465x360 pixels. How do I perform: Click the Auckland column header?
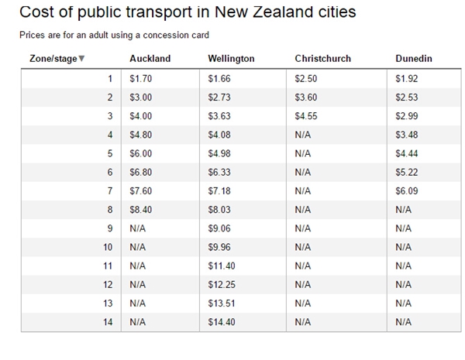click(x=150, y=59)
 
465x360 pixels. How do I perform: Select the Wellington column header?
click(x=231, y=59)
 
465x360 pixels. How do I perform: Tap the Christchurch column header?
click(x=322, y=59)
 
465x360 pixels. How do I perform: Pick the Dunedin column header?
click(x=412, y=59)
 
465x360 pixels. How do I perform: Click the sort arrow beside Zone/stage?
click(x=82, y=59)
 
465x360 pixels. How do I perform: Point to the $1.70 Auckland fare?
click(x=140, y=79)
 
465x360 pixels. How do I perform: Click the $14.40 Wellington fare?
click(x=222, y=321)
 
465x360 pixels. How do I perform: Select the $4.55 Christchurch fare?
click(x=308, y=116)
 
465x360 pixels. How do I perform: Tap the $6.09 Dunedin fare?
click(x=406, y=190)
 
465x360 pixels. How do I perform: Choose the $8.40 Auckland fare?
click(x=140, y=209)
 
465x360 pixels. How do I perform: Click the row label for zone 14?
click(x=108, y=321)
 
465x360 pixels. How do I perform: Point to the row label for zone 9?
click(x=110, y=228)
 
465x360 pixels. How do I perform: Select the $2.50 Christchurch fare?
click(x=308, y=79)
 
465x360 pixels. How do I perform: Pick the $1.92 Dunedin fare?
click(x=406, y=79)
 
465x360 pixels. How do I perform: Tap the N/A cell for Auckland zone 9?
click(x=138, y=228)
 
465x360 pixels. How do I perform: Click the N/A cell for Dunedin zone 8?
click(x=403, y=209)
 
